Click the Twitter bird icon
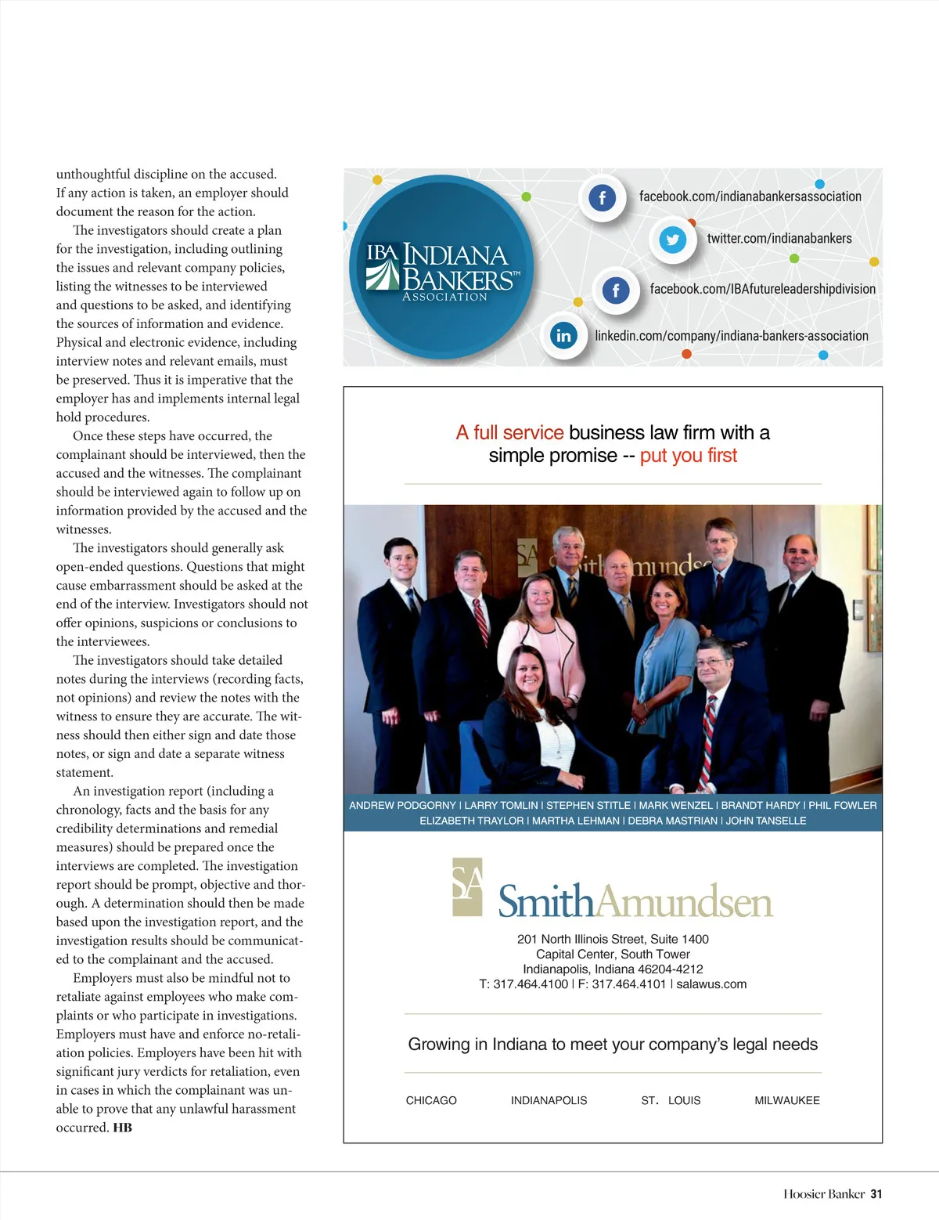tap(672, 240)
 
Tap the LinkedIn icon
tap(563, 336)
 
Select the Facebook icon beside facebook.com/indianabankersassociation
tap(602, 198)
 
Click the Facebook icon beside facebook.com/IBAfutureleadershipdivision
tap(616, 291)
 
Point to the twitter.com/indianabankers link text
tap(779, 239)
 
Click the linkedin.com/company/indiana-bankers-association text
tap(731, 336)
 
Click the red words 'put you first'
tap(688, 456)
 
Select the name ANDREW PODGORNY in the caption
tap(402, 805)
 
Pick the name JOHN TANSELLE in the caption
tap(765, 821)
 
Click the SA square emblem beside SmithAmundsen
tap(467, 887)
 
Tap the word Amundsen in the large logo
tap(684, 902)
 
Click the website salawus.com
tap(711, 984)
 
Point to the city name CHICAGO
tap(431, 1100)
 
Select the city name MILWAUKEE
tap(786, 1100)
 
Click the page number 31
tap(876, 1194)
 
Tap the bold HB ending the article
tap(122, 1128)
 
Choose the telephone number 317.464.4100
tap(531, 984)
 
